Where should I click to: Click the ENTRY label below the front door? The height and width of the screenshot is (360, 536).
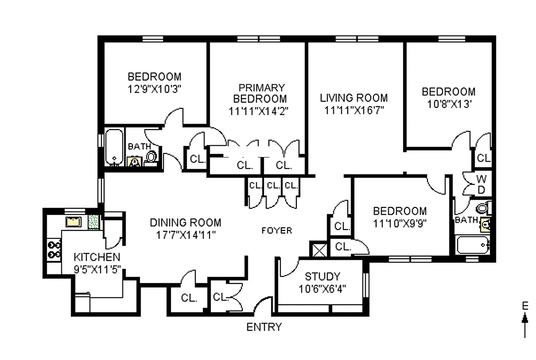[x=264, y=327]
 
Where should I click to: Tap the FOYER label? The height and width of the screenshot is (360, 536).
[x=277, y=230]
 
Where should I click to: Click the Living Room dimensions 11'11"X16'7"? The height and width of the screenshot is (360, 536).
[x=354, y=109]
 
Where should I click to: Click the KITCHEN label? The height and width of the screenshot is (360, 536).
[x=97, y=257]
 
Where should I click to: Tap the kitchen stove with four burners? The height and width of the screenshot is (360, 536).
[x=55, y=250]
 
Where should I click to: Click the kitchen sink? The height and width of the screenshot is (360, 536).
[x=73, y=221]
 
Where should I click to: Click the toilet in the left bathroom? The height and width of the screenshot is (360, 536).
[x=152, y=156]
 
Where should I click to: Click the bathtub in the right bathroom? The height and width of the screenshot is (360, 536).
[x=472, y=245]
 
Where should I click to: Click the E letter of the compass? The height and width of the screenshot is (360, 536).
[x=525, y=306]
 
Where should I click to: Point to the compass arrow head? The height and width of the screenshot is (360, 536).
[x=525, y=318]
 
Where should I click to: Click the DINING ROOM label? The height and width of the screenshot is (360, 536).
[x=186, y=222]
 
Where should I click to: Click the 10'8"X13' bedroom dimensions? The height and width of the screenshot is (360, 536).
[x=448, y=103]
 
